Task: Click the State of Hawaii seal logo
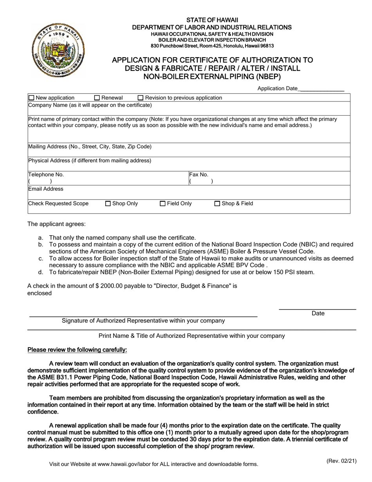58,50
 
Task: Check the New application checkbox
32,98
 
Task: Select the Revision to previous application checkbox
141,98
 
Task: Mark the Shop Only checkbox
108,204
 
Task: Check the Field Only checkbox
163,204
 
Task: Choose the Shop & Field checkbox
217,204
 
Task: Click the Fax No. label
199,175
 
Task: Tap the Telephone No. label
46,175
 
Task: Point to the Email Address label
46,189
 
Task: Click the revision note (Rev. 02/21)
341,461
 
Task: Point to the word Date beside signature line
318,313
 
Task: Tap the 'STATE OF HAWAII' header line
212,20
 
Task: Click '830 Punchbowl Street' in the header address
174,46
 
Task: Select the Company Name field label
90,105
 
